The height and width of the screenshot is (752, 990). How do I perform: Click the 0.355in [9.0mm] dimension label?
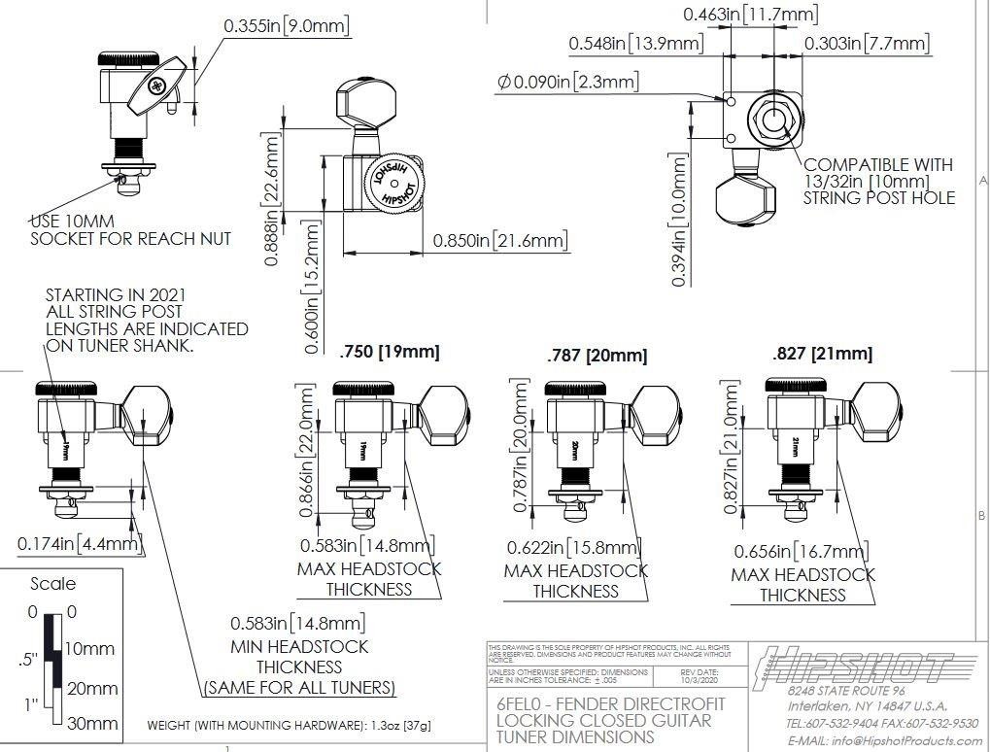286,26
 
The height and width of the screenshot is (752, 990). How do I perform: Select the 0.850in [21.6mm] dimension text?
500,240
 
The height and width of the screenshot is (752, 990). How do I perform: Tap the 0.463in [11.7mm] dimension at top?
750,15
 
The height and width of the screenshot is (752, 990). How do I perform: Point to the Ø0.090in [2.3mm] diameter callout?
567,83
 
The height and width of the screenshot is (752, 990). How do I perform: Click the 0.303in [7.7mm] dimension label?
867,44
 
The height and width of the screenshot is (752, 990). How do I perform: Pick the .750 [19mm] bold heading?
390,352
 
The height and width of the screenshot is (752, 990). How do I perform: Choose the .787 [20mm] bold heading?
597,356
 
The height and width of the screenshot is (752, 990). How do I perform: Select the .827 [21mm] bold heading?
822,354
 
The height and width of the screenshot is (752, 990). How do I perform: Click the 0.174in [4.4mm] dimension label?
80,544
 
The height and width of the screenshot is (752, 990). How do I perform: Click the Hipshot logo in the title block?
854,669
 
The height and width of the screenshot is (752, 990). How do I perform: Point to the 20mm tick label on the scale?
92,689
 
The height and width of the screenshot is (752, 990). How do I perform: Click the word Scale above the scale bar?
52,584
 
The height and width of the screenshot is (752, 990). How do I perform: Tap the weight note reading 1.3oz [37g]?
290,725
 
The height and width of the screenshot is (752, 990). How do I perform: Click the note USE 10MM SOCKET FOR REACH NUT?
130,229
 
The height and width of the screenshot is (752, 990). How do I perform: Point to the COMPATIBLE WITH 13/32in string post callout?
879,181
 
